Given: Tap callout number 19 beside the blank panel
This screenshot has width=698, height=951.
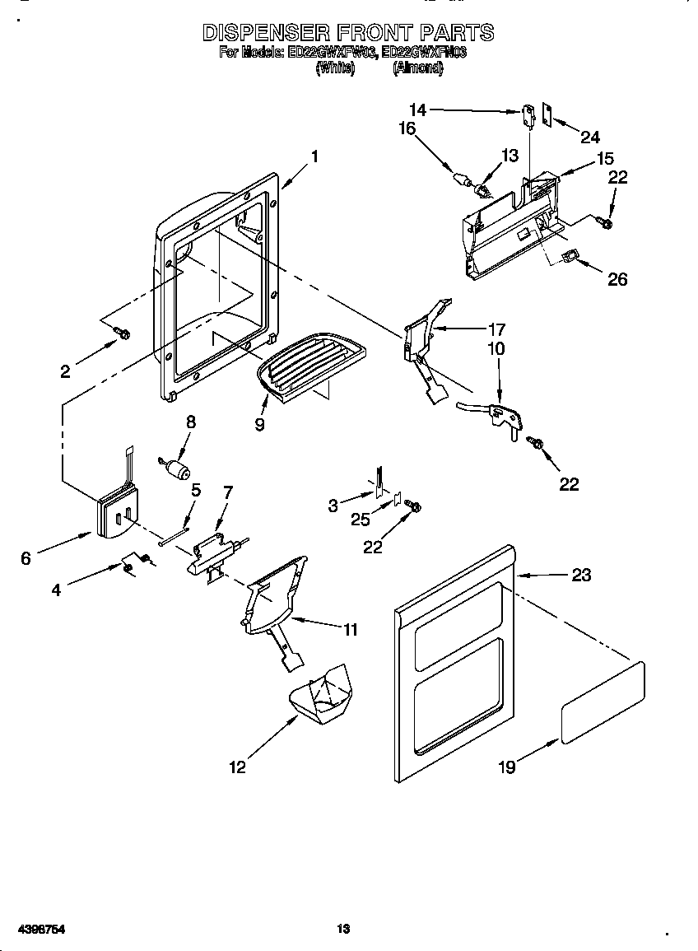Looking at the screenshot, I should coord(507,767).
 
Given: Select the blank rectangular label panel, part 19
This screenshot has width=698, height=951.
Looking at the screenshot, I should coord(603,701).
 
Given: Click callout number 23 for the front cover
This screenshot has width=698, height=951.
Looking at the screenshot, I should coord(581,575).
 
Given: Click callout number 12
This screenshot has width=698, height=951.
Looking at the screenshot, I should coord(237,767).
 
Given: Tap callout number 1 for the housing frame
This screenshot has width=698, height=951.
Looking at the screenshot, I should coord(314,156).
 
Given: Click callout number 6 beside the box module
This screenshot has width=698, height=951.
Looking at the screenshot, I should coord(26,558).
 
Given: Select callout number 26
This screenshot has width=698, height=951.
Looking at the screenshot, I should coord(617,279).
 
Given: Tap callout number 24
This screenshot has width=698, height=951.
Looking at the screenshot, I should coord(590,137).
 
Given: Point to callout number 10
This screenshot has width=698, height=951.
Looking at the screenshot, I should coord(496,349).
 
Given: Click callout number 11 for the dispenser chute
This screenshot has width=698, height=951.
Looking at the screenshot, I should coord(351,630).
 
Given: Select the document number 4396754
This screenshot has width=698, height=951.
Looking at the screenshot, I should coord(35,930).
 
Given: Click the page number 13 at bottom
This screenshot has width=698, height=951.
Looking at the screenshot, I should coord(344,930).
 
